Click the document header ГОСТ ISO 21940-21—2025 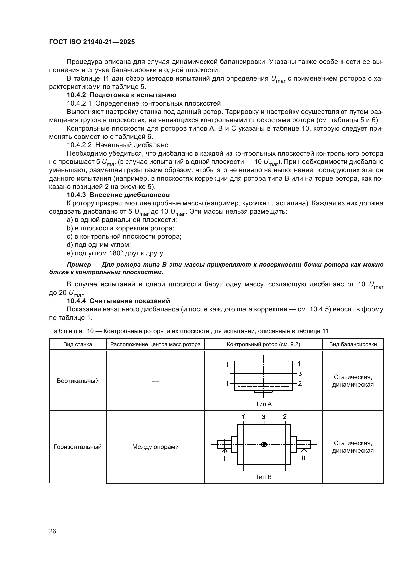pyautogui.click(x=92, y=42)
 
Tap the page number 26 pyautogui.click(x=52, y=531)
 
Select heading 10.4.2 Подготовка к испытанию pyautogui.click(x=121, y=95)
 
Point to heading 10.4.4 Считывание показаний pyautogui.click(x=118, y=301)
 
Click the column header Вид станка pyautogui.click(x=78, y=344)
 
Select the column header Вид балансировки pyautogui.click(x=353, y=344)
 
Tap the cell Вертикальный pyautogui.click(x=78, y=381)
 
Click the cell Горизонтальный pyautogui.click(x=78, y=447)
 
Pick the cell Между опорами pyautogui.click(x=155, y=447)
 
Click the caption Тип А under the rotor pyautogui.click(x=263, y=404)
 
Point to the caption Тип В pyautogui.click(x=263, y=477)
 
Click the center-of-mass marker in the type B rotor pyautogui.click(x=264, y=445)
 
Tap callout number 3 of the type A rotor pyautogui.click(x=300, y=374)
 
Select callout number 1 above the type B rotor pyautogui.click(x=243, y=417)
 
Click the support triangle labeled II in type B pyautogui.click(x=304, y=450)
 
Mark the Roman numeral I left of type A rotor pyautogui.click(x=228, y=365)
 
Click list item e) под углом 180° pyautogui.click(x=115, y=253)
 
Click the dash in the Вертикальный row pyautogui.click(x=155, y=381)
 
